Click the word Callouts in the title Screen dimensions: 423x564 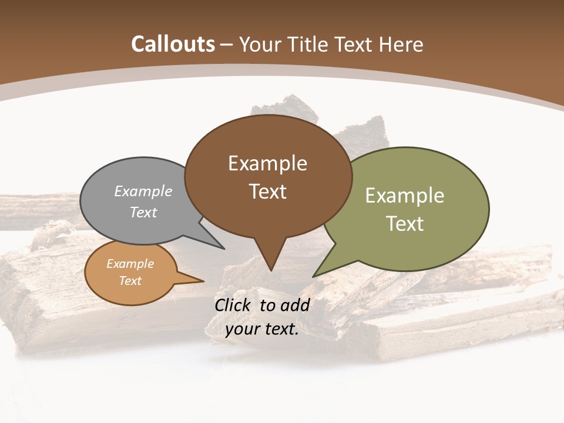pyautogui.click(x=173, y=44)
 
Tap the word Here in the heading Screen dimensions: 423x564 pyautogui.click(x=402, y=44)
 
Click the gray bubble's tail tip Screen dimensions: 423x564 pyautogui.click(x=223, y=248)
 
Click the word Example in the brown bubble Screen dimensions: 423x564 pyautogui.click(x=267, y=163)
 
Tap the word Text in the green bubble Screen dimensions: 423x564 pyautogui.click(x=405, y=223)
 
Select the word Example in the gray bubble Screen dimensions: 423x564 pyautogui.click(x=143, y=191)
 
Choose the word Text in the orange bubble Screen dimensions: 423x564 pyautogui.click(x=130, y=281)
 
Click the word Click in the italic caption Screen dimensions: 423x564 pyautogui.click(x=234, y=305)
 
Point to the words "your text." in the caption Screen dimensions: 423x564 pyautogui.click(x=262, y=329)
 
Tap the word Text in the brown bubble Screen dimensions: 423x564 pyautogui.click(x=268, y=191)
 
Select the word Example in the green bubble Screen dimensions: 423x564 pyautogui.click(x=405, y=195)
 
